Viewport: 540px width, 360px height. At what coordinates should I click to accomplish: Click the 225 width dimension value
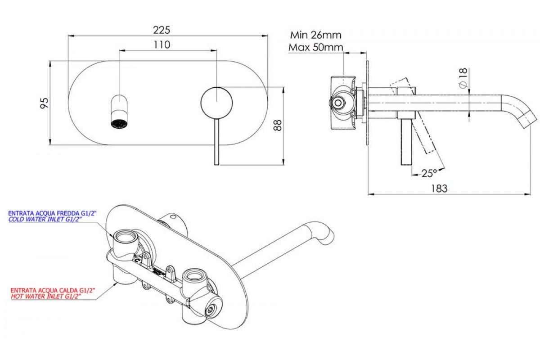click(x=162, y=30)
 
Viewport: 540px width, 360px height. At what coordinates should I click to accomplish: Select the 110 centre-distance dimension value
click(x=162, y=45)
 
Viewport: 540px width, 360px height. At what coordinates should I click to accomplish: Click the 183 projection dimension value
click(x=439, y=188)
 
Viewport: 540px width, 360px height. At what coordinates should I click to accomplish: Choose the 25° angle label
click(x=429, y=172)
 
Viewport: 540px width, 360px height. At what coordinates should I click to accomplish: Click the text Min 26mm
click(x=315, y=35)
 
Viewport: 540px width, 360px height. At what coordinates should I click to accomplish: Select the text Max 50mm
click(x=315, y=47)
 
